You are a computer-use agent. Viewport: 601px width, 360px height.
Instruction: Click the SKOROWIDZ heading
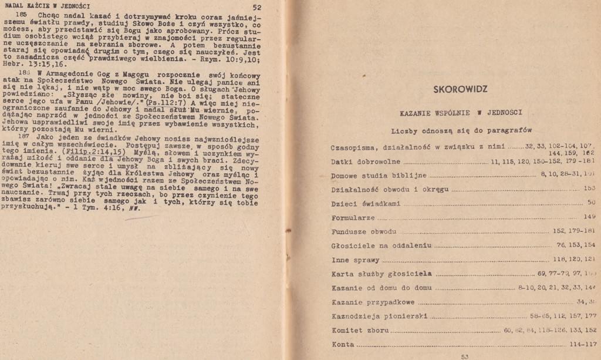[x=460, y=89]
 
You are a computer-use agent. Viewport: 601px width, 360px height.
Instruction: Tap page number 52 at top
[x=256, y=8]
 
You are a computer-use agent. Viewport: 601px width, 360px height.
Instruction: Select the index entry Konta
[x=343, y=344]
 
